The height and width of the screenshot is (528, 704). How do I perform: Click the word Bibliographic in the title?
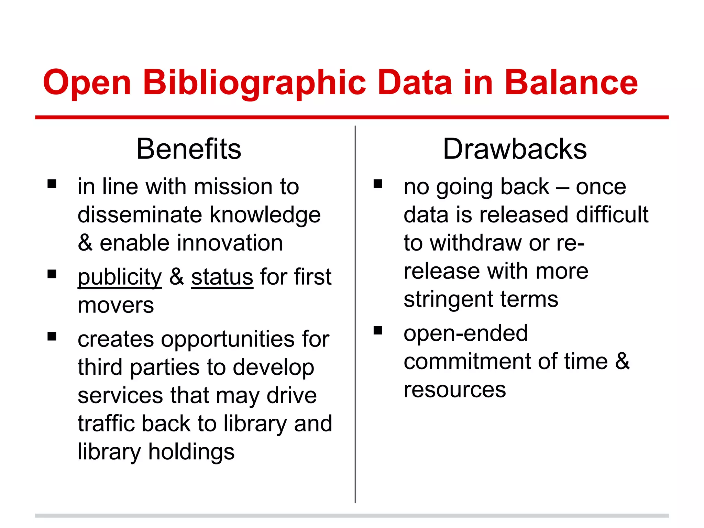(x=254, y=83)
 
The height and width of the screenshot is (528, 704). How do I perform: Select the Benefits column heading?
(x=189, y=149)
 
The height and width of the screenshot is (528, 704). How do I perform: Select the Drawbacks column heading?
(x=515, y=149)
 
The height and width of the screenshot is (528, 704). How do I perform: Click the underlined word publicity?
(x=120, y=277)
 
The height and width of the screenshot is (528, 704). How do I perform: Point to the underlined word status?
(x=222, y=277)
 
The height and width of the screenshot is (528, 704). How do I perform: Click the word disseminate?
(x=140, y=215)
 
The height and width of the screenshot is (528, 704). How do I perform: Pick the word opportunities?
(x=228, y=339)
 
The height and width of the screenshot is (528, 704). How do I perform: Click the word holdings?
(x=191, y=452)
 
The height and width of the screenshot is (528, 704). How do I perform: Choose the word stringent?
(x=448, y=299)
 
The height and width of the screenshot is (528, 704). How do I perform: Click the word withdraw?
(x=476, y=243)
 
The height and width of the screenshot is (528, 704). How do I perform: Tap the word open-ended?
(x=465, y=333)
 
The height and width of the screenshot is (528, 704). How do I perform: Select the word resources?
(x=454, y=389)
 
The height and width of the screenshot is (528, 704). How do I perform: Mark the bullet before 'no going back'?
(x=378, y=184)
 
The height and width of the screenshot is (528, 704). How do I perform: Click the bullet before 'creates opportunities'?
(x=52, y=336)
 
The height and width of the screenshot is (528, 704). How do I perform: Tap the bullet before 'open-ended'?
(x=378, y=330)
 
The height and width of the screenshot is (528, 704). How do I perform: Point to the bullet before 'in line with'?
(x=52, y=184)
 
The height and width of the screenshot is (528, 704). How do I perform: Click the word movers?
(x=116, y=306)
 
